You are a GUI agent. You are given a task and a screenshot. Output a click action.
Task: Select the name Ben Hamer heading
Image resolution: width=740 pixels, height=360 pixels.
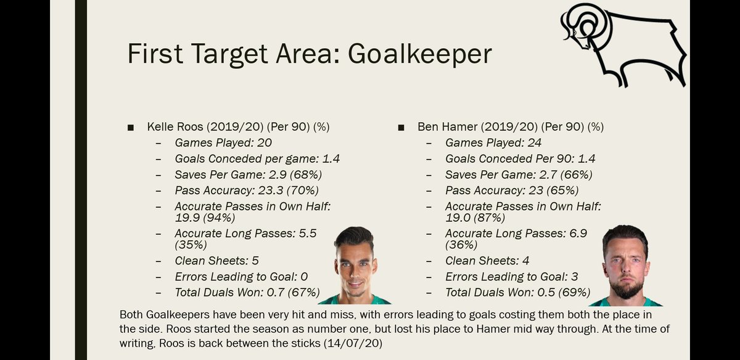[443, 127]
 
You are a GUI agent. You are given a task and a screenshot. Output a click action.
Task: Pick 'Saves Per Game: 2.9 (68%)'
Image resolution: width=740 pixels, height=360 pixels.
[249, 174]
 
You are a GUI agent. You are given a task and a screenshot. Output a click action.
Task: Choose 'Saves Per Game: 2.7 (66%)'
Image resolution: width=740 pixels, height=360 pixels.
[519, 174]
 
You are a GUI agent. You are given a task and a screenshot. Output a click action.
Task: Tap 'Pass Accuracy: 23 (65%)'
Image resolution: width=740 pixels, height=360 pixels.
[511, 190]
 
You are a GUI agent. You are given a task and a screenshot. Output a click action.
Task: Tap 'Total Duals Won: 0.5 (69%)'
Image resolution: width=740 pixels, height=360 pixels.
[517, 292]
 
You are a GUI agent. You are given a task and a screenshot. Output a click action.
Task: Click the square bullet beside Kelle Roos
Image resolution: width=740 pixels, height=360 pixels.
[130, 128]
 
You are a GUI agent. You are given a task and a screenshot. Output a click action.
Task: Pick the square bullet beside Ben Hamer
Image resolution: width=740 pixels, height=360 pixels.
[401, 128]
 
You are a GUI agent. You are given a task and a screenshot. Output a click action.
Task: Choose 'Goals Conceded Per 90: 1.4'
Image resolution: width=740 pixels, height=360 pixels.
[520, 158]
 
